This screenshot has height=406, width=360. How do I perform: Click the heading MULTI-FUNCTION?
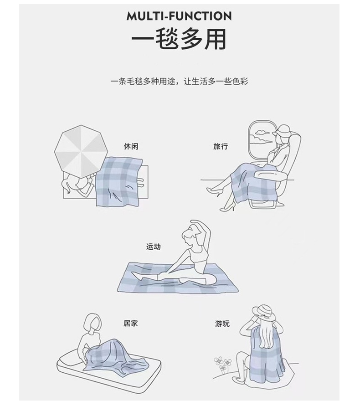point(179,16)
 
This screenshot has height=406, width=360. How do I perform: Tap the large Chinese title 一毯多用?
point(179,40)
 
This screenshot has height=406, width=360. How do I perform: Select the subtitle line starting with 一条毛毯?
point(179,81)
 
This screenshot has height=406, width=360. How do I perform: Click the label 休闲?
point(131,146)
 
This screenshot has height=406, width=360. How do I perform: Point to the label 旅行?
point(221,146)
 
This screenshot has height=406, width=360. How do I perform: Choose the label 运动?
point(153,247)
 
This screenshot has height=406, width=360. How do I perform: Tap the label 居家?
point(130,323)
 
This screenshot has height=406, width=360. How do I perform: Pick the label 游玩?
point(222,324)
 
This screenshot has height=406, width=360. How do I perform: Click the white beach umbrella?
point(81,149)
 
